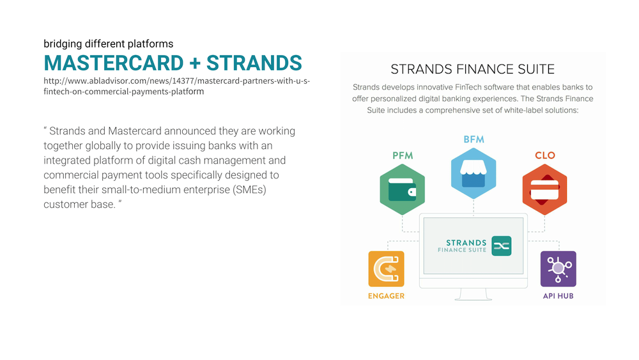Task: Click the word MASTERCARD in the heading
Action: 114,63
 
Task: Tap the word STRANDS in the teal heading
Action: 254,63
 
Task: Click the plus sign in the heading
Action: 195,63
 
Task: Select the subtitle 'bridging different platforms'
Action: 109,43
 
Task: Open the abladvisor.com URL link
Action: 177,86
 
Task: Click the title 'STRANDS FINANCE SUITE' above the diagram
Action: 473,69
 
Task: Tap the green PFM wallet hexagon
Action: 402,189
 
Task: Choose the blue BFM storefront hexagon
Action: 473,173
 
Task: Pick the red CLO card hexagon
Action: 545,189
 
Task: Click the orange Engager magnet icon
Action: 387,269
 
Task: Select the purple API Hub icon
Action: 558,269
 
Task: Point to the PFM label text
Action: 403,156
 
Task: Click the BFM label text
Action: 474,139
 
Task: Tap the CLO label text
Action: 545,155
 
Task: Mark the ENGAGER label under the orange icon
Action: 387,296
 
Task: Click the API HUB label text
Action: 558,296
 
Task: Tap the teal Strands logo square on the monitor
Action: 502,246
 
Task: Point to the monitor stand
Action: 473,294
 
